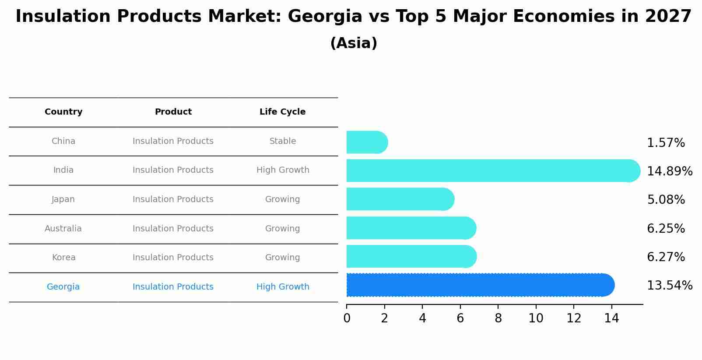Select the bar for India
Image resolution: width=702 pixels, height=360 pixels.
[492, 171]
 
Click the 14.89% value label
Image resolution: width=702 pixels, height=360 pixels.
[669, 171]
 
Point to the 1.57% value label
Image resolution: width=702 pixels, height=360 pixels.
[665, 143]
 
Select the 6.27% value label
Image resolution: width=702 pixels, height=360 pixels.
[665, 257]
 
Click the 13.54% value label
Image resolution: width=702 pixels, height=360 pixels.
[669, 286]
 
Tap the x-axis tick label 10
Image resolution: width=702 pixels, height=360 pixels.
[536, 318]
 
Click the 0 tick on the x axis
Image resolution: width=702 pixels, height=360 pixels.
[347, 318]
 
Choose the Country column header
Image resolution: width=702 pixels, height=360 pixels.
[63, 112]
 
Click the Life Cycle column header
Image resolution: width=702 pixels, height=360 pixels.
[282, 112]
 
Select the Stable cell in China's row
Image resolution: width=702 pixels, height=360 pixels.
[282, 141]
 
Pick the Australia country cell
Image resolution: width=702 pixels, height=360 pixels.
[63, 229]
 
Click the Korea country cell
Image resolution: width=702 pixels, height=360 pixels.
[63, 258]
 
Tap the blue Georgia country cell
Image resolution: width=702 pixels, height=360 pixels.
[63, 287]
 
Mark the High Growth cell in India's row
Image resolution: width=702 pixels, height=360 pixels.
[282, 170]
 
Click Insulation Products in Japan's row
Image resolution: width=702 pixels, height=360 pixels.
[173, 199]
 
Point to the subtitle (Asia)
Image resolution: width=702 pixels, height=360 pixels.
[353, 43]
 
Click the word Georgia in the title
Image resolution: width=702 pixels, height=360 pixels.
[325, 17]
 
